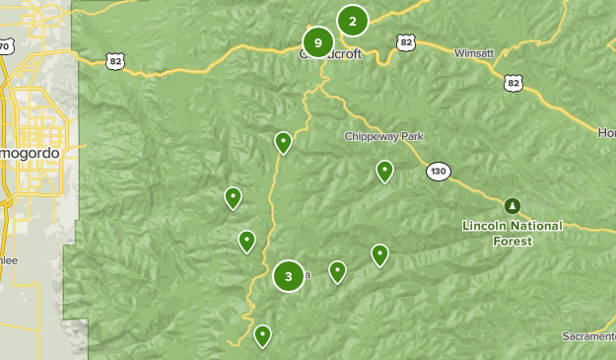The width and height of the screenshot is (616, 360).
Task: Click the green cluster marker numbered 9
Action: click(317, 42)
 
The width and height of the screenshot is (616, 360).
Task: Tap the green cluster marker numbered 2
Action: click(352, 20)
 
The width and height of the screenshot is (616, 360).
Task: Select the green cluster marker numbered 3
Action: click(288, 276)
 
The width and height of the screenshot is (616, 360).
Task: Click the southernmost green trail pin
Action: click(262, 335)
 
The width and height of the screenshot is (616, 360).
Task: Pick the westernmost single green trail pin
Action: click(233, 197)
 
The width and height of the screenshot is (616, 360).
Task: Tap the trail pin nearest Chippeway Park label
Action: click(384, 171)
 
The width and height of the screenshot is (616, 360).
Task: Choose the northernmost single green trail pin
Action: click(283, 143)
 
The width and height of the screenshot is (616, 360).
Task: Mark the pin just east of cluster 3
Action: click(337, 271)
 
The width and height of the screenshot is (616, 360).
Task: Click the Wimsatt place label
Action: click(474, 53)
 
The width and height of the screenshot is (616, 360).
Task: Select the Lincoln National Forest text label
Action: click(513, 233)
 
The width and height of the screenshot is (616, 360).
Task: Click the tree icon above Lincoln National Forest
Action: click(512, 206)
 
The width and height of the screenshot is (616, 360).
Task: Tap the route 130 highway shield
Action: click(439, 172)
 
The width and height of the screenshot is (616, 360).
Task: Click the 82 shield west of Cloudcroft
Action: click(116, 61)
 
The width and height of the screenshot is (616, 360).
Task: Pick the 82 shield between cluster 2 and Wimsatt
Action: click(406, 41)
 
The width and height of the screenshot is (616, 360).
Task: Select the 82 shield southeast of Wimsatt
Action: click(513, 84)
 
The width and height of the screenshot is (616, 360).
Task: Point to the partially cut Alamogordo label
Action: click(30, 155)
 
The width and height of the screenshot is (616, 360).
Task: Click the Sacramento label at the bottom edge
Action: click(588, 337)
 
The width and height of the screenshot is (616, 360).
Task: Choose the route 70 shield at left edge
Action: click(5, 47)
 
